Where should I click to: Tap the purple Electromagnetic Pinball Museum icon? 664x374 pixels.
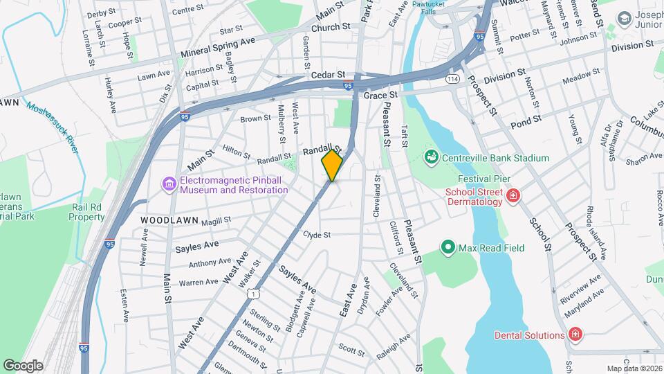click(169, 184)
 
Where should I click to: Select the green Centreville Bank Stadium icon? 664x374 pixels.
click(432, 157)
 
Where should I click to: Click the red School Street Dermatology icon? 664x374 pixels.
click(513, 196)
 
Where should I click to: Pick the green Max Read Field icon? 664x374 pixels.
click(448, 247)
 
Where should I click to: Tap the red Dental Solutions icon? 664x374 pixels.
click(574, 335)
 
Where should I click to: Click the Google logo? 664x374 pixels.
click(23, 365)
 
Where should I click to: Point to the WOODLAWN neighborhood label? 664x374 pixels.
click(169, 220)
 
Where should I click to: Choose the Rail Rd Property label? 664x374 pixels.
click(86, 212)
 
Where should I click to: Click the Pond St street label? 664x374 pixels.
click(525, 124)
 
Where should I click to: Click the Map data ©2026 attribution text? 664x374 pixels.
click(633, 368)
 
